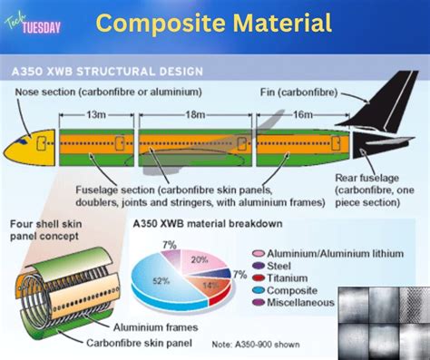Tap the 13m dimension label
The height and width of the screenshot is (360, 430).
[x=93, y=114]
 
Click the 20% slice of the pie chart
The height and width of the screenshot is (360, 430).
[x=194, y=261]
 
